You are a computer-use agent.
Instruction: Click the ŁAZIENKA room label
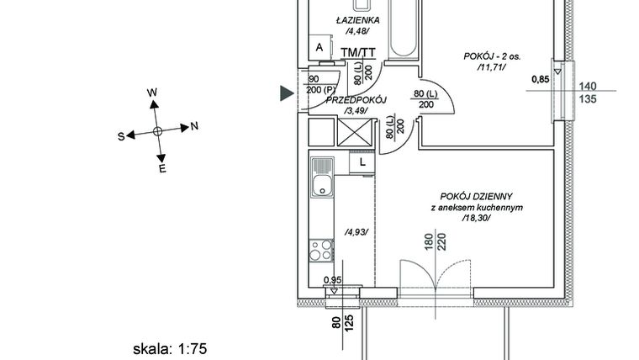[x=357, y=20]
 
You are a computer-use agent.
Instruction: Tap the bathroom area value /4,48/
[x=357, y=32]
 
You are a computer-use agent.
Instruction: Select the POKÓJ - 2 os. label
[x=492, y=56]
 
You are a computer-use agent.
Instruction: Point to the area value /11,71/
[x=492, y=68]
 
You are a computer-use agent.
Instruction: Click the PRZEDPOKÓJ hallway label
[x=355, y=99]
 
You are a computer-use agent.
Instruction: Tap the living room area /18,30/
[x=476, y=218]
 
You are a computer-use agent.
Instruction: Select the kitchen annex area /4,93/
[x=356, y=232]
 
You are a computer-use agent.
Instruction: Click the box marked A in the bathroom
[x=319, y=49]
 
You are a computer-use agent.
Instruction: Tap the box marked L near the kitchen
[x=362, y=162]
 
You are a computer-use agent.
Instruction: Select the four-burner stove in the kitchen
[x=321, y=250]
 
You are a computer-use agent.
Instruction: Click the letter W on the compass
[x=152, y=93]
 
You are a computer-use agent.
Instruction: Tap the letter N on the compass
[x=194, y=127]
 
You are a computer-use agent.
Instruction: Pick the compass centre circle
[x=158, y=132]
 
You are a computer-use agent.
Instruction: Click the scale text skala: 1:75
[x=170, y=347]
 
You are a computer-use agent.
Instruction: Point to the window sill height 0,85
[x=541, y=81]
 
